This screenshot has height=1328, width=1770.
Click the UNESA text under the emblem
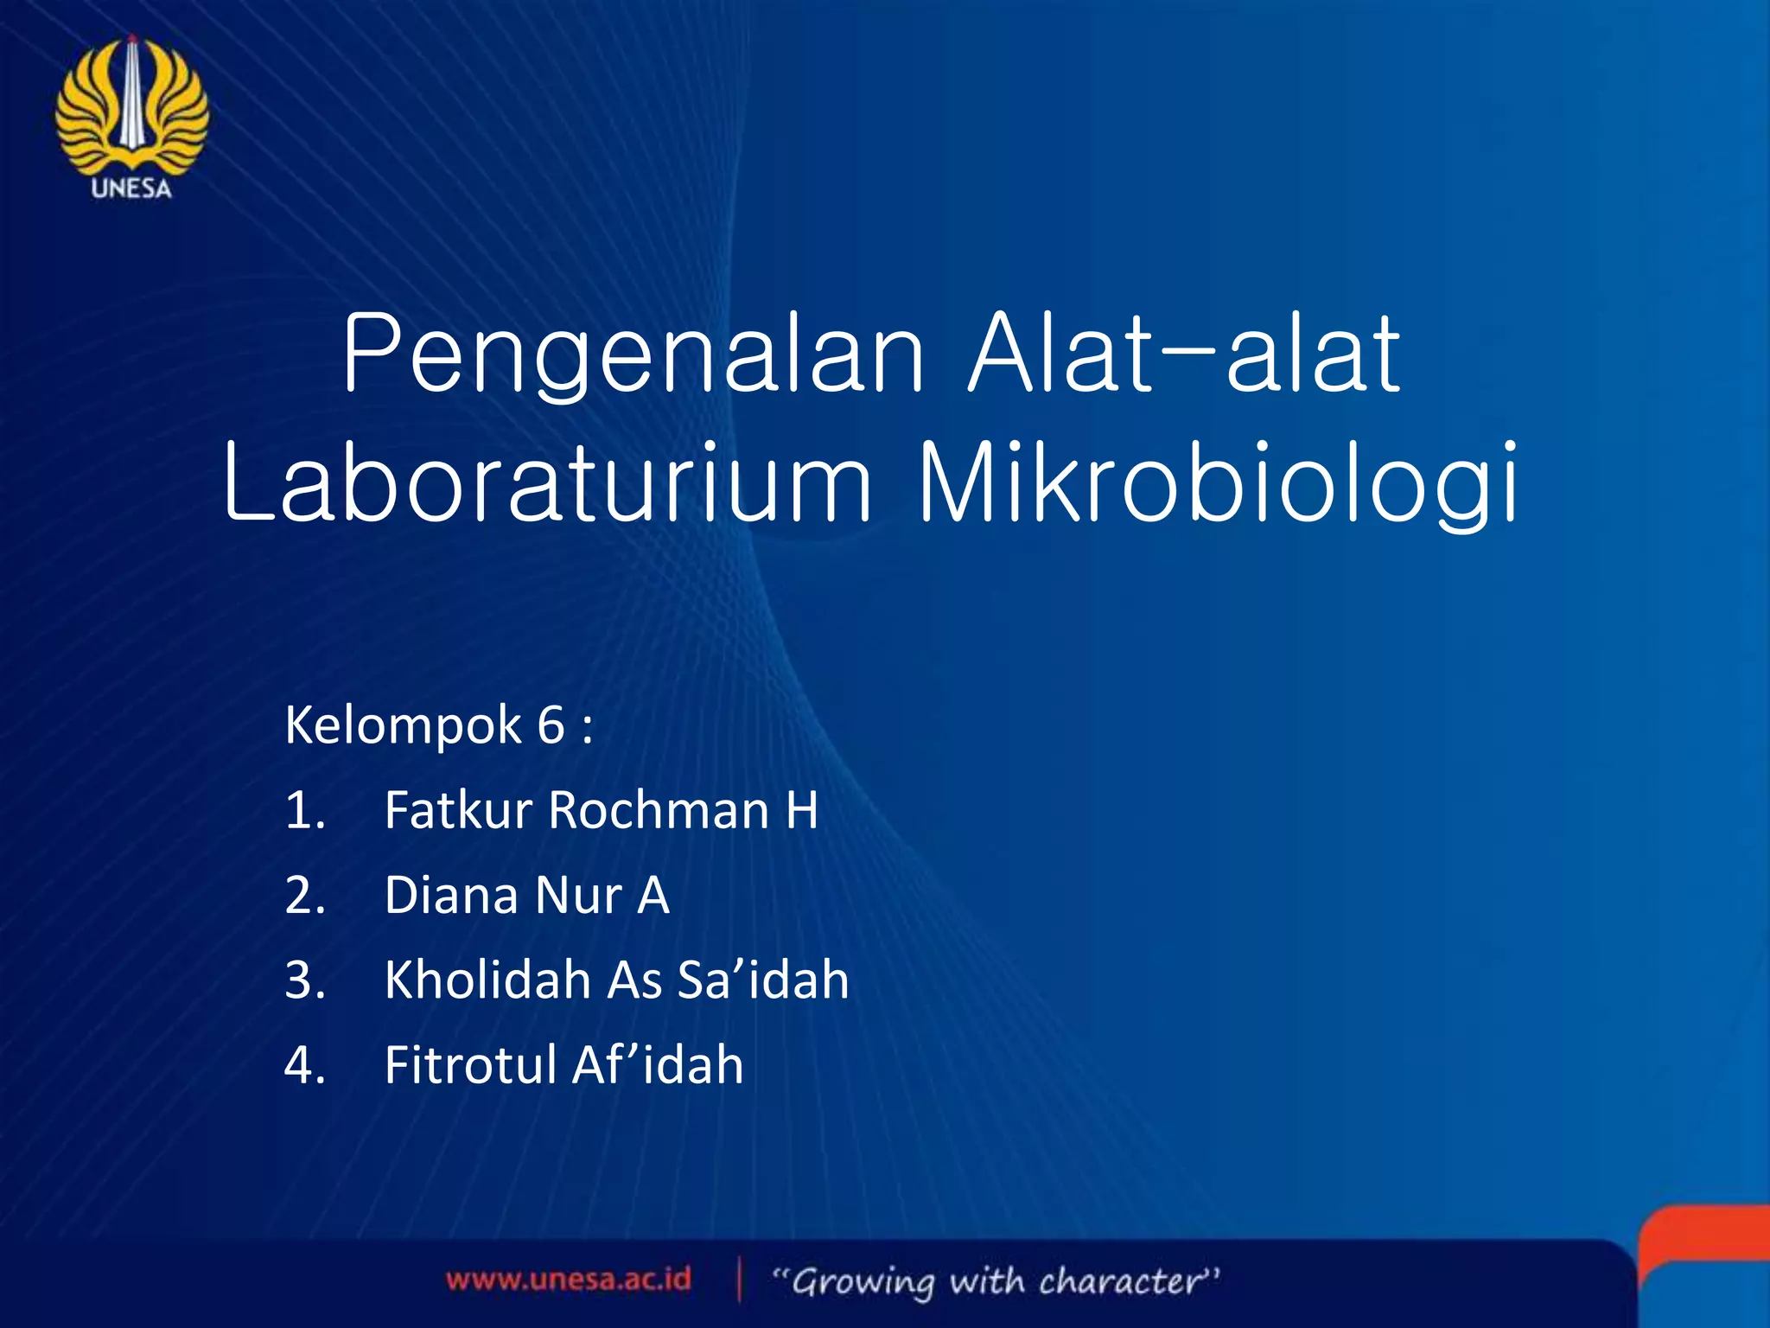point(131,188)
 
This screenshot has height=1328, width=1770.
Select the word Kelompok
point(403,725)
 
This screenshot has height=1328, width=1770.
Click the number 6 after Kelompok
point(551,725)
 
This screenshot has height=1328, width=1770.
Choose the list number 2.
point(304,895)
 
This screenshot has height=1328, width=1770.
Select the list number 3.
point(304,980)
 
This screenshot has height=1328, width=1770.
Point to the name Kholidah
point(487,980)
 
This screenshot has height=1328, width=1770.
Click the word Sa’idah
point(763,980)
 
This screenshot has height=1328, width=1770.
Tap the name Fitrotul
point(470,1064)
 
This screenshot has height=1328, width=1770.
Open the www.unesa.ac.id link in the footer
point(569,1279)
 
